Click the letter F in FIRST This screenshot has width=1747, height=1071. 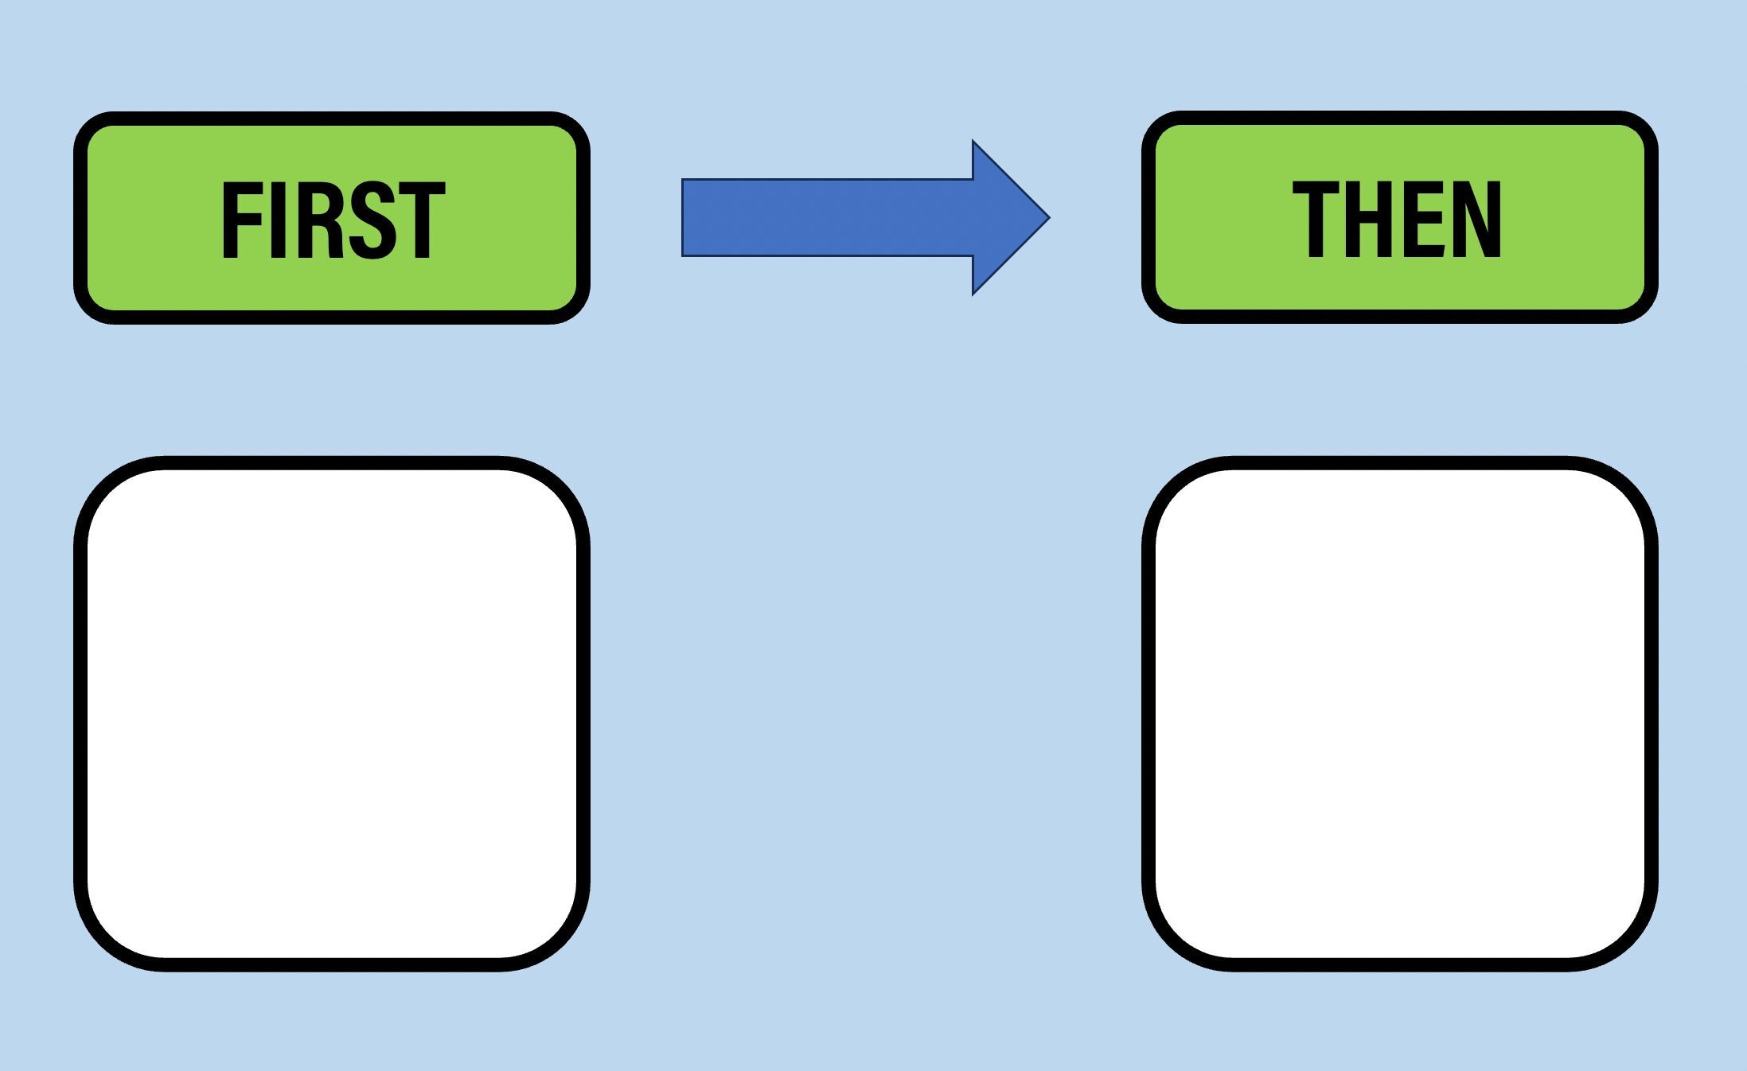tap(241, 220)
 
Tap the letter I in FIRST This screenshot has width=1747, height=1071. tap(278, 220)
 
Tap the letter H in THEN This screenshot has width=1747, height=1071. tap(1371, 220)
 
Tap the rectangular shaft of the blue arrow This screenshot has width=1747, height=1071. tap(828, 217)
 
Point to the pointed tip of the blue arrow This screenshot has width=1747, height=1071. tap(1049, 217)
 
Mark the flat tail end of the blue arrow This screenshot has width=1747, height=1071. tap(683, 217)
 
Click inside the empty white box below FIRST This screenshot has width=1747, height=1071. tap(332, 714)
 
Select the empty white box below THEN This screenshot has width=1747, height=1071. tap(1400, 714)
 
